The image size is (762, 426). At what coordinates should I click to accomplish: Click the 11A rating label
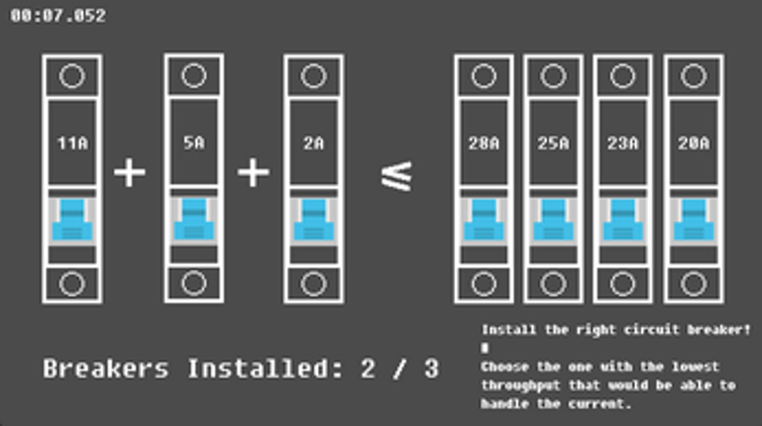click(72, 143)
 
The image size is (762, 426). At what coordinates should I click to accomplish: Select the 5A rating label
click(194, 143)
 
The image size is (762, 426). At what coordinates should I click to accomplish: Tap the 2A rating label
click(313, 143)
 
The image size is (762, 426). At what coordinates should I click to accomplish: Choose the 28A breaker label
click(484, 143)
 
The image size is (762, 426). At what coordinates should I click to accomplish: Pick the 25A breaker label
click(553, 143)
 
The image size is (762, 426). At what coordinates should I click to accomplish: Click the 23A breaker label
click(622, 143)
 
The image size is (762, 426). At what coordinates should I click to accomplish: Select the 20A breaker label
click(694, 143)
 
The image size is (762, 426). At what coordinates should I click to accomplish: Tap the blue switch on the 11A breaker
click(72, 220)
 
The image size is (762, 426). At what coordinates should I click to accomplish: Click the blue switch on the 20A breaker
click(694, 220)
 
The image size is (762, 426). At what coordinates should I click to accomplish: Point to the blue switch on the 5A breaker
click(194, 220)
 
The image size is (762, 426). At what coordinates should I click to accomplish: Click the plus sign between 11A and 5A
click(129, 172)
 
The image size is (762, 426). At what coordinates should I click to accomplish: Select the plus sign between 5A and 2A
click(254, 172)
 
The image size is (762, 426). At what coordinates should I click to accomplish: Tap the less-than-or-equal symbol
click(397, 175)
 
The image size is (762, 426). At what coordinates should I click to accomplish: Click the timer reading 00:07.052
click(57, 16)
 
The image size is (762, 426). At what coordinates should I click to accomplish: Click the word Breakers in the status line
click(106, 369)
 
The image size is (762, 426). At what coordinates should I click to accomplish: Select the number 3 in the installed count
click(431, 369)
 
